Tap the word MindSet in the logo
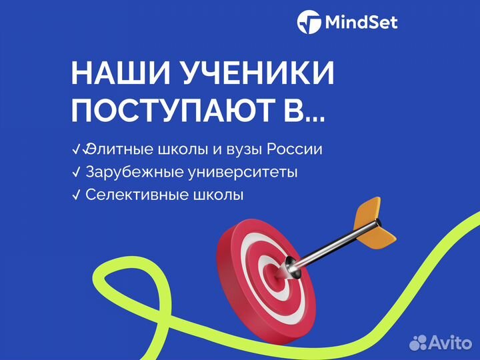click(x=361, y=23)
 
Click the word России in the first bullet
click(x=297, y=149)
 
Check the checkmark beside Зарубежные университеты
click(x=75, y=172)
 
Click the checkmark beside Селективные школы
click(x=75, y=195)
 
